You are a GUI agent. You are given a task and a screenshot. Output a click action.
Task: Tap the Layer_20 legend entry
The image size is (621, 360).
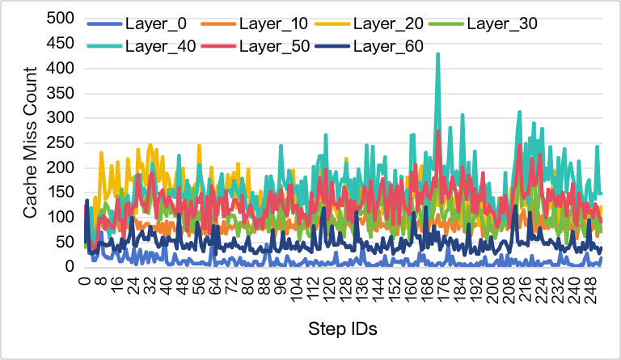tap(391, 22)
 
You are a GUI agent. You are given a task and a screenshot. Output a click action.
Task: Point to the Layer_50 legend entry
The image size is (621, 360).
tap(272, 47)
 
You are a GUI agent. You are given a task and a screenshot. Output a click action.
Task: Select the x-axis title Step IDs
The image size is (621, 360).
tap(343, 330)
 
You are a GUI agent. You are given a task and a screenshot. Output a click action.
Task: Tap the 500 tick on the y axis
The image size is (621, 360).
tap(63, 19)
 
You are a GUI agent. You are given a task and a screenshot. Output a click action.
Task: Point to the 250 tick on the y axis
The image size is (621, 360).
tap(63, 143)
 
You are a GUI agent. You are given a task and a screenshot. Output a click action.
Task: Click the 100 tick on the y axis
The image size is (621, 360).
tap(63, 218)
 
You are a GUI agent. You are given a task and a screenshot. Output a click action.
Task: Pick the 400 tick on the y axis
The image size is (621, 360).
tap(63, 69)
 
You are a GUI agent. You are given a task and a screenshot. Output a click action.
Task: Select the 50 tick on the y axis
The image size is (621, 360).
tap(67, 243)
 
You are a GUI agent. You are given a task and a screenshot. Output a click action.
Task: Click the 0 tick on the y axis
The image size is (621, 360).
tap(71, 268)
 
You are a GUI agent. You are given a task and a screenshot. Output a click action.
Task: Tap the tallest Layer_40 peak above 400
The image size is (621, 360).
tap(437, 54)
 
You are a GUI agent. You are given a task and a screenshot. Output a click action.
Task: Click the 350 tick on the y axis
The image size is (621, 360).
tap(63, 94)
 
